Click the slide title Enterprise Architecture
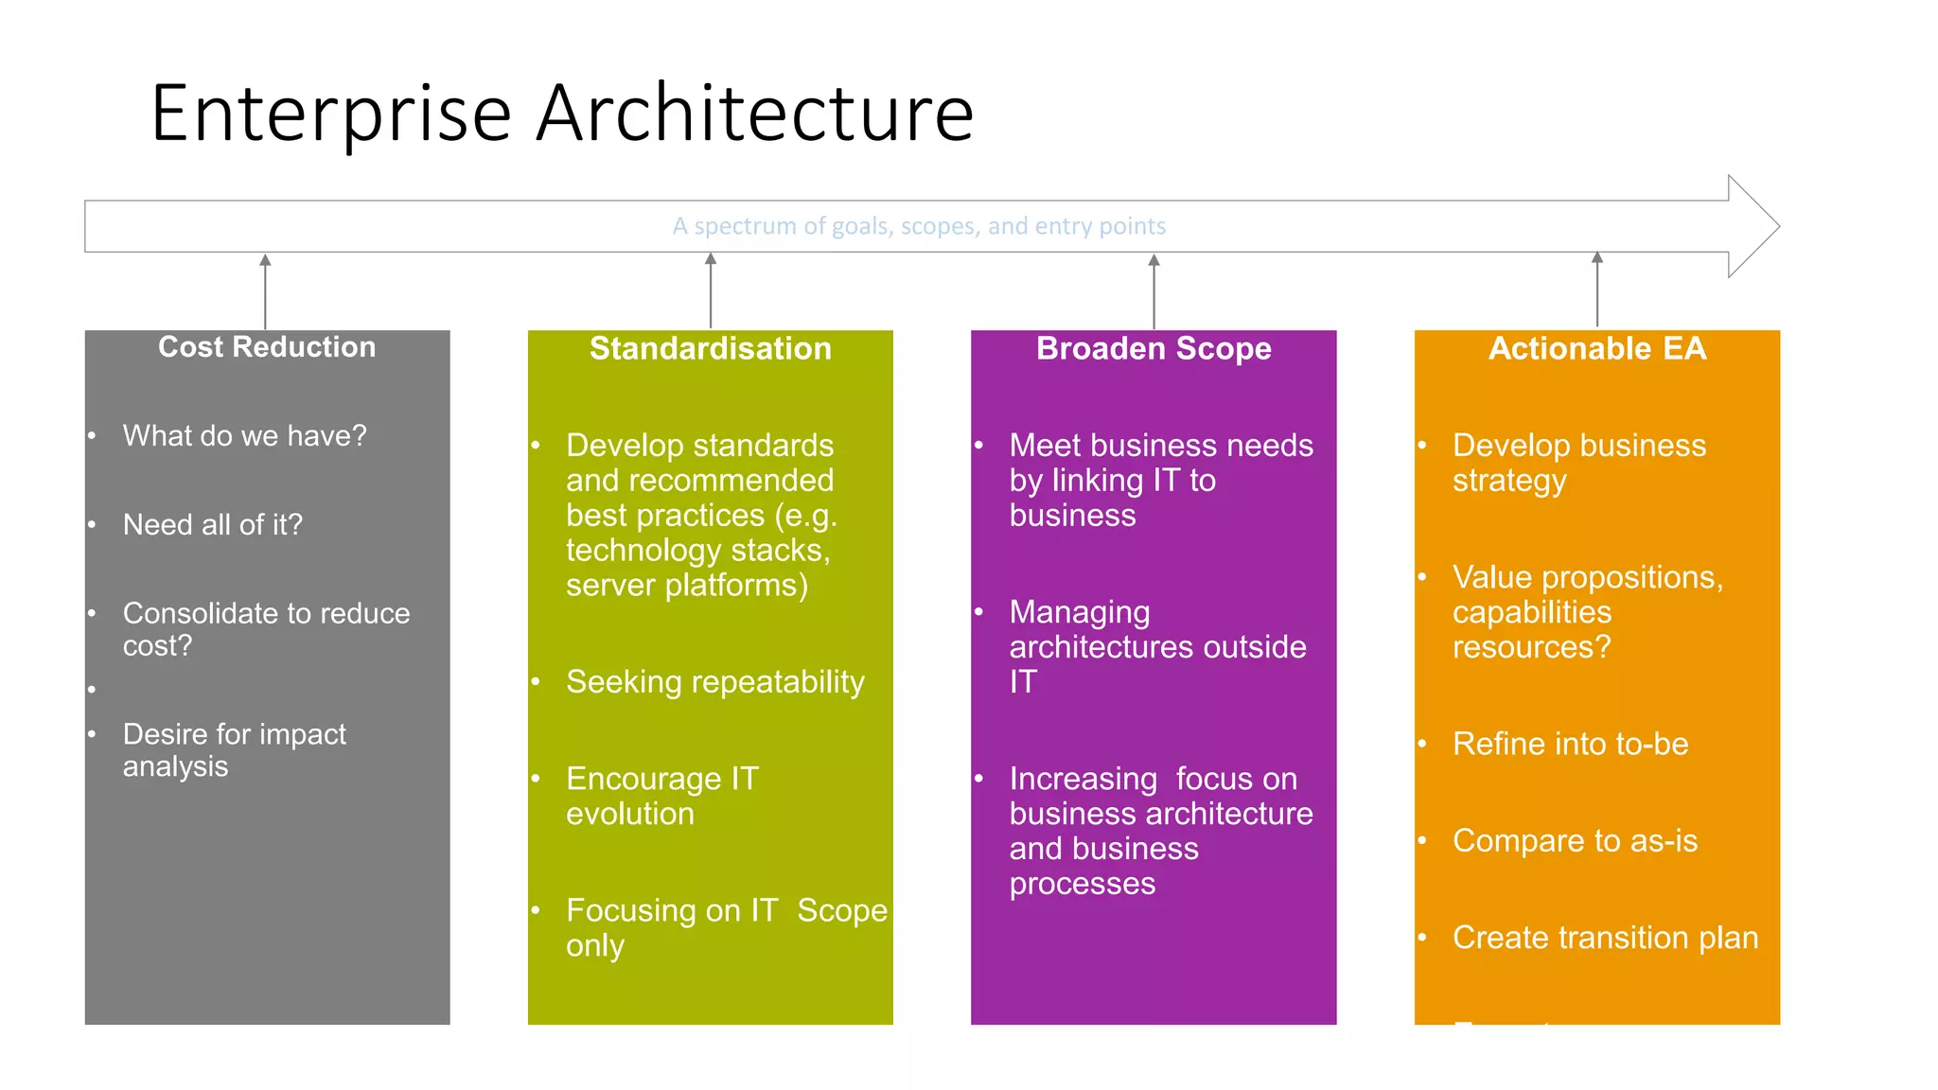coord(562,114)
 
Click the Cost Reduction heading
coord(267,347)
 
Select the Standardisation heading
coord(710,349)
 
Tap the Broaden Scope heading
coord(1153,349)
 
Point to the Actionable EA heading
coord(1596,349)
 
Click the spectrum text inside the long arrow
coord(918,226)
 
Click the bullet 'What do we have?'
coord(244,435)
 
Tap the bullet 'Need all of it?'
coord(212,524)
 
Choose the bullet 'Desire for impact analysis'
coord(234,749)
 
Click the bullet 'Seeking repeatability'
coord(714,681)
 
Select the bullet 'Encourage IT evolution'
coord(661,796)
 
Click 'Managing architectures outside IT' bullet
coord(1156,646)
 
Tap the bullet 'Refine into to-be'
coord(1570,744)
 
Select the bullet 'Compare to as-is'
coord(1574,840)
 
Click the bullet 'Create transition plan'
coord(1605,937)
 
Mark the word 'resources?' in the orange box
coord(1530,647)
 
